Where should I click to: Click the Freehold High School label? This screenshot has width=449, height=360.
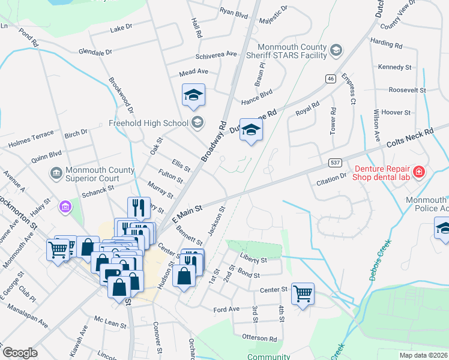[x=148, y=124]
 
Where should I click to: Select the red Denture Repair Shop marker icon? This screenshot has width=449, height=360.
[x=418, y=173]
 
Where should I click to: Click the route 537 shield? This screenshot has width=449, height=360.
[x=336, y=163]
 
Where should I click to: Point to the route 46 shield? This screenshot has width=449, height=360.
[x=330, y=79]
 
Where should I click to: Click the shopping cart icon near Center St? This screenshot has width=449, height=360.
[x=303, y=294]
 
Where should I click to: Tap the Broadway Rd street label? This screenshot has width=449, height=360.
[x=214, y=142]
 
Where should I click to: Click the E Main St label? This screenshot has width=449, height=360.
[x=188, y=212]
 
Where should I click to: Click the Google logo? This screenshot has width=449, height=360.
[x=20, y=353]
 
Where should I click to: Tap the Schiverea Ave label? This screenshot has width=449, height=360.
[x=216, y=54]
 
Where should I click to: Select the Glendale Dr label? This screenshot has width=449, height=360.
[x=95, y=52]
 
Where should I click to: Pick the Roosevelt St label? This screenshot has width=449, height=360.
[x=407, y=90]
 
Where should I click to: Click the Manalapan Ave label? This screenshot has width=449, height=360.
[x=31, y=315]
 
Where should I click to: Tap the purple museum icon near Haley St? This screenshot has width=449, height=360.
[x=64, y=207]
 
